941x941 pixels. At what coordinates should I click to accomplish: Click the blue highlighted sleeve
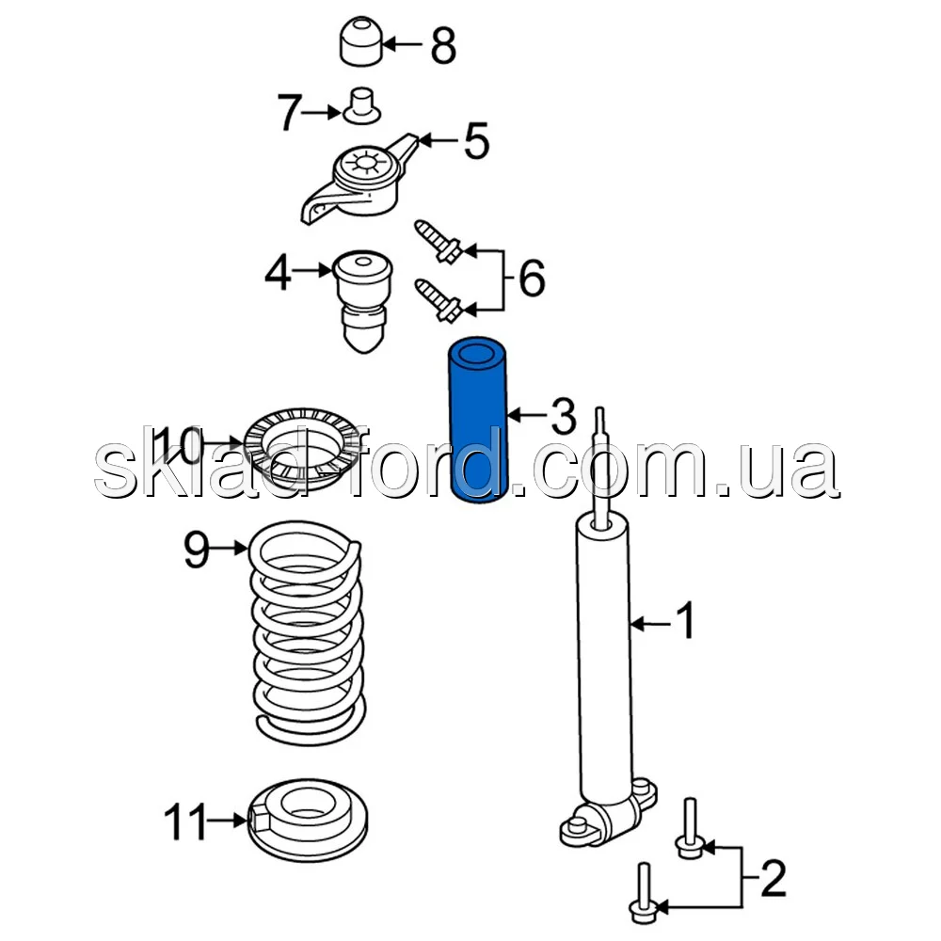tap(478, 420)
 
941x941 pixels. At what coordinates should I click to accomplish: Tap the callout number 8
tap(443, 45)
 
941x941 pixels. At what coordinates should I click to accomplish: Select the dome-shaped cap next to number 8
tap(361, 41)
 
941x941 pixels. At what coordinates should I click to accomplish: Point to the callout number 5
tap(477, 141)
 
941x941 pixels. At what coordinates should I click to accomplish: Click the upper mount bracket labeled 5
tap(359, 178)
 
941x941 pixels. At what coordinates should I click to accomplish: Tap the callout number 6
tap(532, 278)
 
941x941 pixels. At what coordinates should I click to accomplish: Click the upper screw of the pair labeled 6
tap(438, 242)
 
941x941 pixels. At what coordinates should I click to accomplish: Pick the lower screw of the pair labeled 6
tap(438, 299)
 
